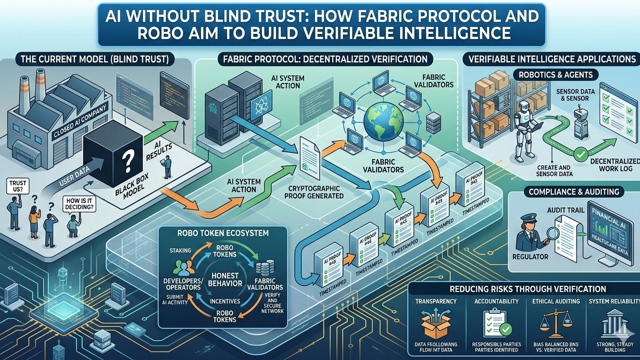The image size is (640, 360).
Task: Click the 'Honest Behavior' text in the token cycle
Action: point(225,279)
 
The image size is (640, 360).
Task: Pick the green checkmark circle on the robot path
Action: point(580,153)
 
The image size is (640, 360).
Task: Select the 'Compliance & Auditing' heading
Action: point(574,191)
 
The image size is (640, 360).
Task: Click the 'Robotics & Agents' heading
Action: point(555,75)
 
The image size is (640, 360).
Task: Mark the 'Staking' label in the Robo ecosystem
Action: point(179,250)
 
